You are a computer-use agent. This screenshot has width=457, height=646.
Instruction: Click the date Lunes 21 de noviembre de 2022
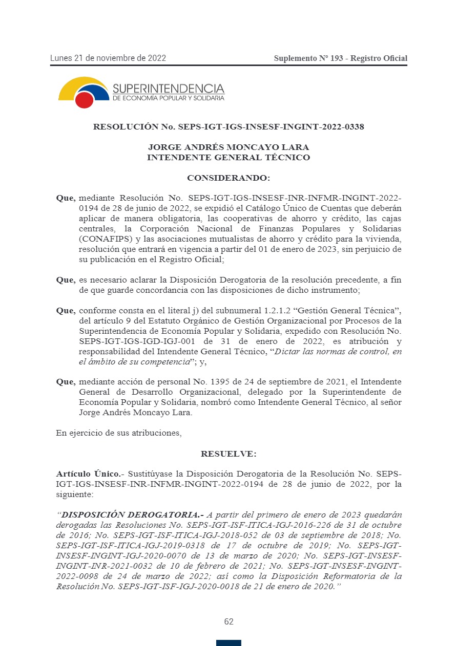click(108, 58)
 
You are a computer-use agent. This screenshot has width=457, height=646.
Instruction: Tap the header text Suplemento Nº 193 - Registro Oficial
click(340, 58)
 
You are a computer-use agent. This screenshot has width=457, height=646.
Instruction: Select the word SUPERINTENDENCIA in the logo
click(168, 89)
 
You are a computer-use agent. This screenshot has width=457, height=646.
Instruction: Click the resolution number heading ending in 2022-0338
click(228, 126)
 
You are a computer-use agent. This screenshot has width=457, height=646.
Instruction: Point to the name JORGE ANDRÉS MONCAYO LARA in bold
click(228, 147)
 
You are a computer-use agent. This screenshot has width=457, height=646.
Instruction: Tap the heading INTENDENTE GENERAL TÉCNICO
click(228, 158)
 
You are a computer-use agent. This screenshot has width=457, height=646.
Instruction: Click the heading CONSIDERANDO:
click(228, 178)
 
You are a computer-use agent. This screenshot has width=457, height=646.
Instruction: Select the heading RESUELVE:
click(228, 454)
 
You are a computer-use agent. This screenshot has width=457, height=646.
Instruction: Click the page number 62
click(228, 622)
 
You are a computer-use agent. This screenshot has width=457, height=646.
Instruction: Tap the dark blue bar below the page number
click(228, 643)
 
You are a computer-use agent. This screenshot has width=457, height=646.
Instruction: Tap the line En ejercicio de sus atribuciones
click(119, 433)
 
